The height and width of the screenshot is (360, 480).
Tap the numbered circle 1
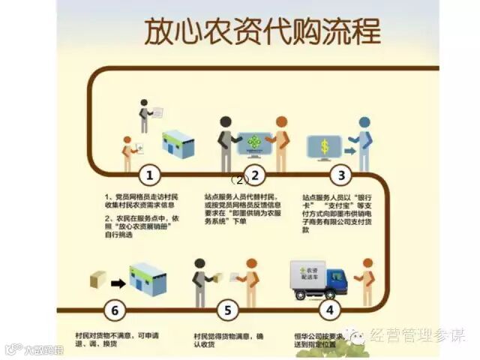tap(150, 176)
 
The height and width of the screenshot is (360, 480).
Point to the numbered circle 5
tap(229, 308)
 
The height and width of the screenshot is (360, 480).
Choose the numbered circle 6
tap(114, 308)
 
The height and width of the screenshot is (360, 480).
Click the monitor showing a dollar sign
tap(324, 146)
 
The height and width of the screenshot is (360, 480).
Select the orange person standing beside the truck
tap(367, 281)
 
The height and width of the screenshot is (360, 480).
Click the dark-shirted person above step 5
tap(199, 280)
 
